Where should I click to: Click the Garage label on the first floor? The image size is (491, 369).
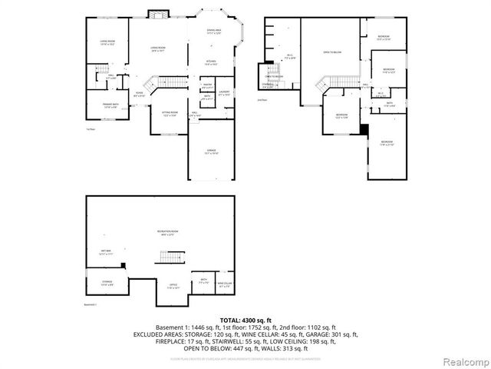pyautogui.click(x=211, y=152)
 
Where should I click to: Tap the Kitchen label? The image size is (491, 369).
pyautogui.click(x=210, y=62)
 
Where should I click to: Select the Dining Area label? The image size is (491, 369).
pyautogui.click(x=214, y=32)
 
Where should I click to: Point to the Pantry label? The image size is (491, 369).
pyautogui.click(x=207, y=86)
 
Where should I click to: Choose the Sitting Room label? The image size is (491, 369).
pyautogui.click(x=170, y=114)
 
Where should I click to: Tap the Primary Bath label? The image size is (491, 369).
pyautogui.click(x=110, y=106)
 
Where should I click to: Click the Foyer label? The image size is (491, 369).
pyautogui.click(x=140, y=95)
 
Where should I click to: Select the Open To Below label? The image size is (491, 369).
pyautogui.click(x=332, y=52)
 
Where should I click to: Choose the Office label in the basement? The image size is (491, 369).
pyautogui.click(x=173, y=286)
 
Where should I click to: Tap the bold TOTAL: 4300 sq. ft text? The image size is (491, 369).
pyautogui.click(x=245, y=319)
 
